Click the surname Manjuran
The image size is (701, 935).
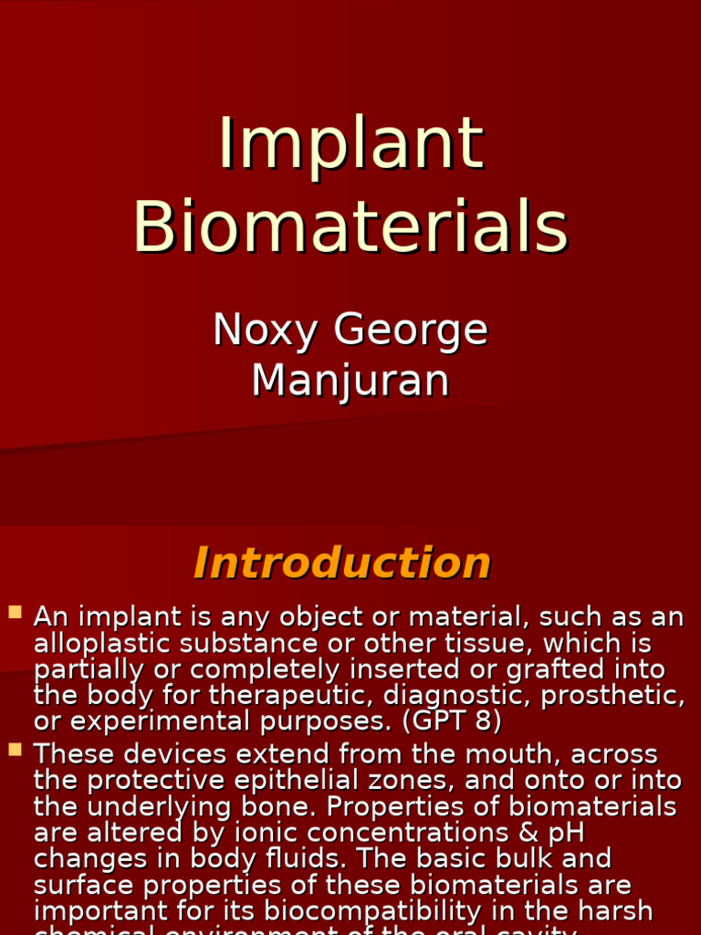(x=350, y=380)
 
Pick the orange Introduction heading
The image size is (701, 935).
(x=342, y=562)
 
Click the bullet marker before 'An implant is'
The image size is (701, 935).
(x=15, y=612)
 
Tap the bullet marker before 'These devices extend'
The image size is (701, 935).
(x=15, y=750)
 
